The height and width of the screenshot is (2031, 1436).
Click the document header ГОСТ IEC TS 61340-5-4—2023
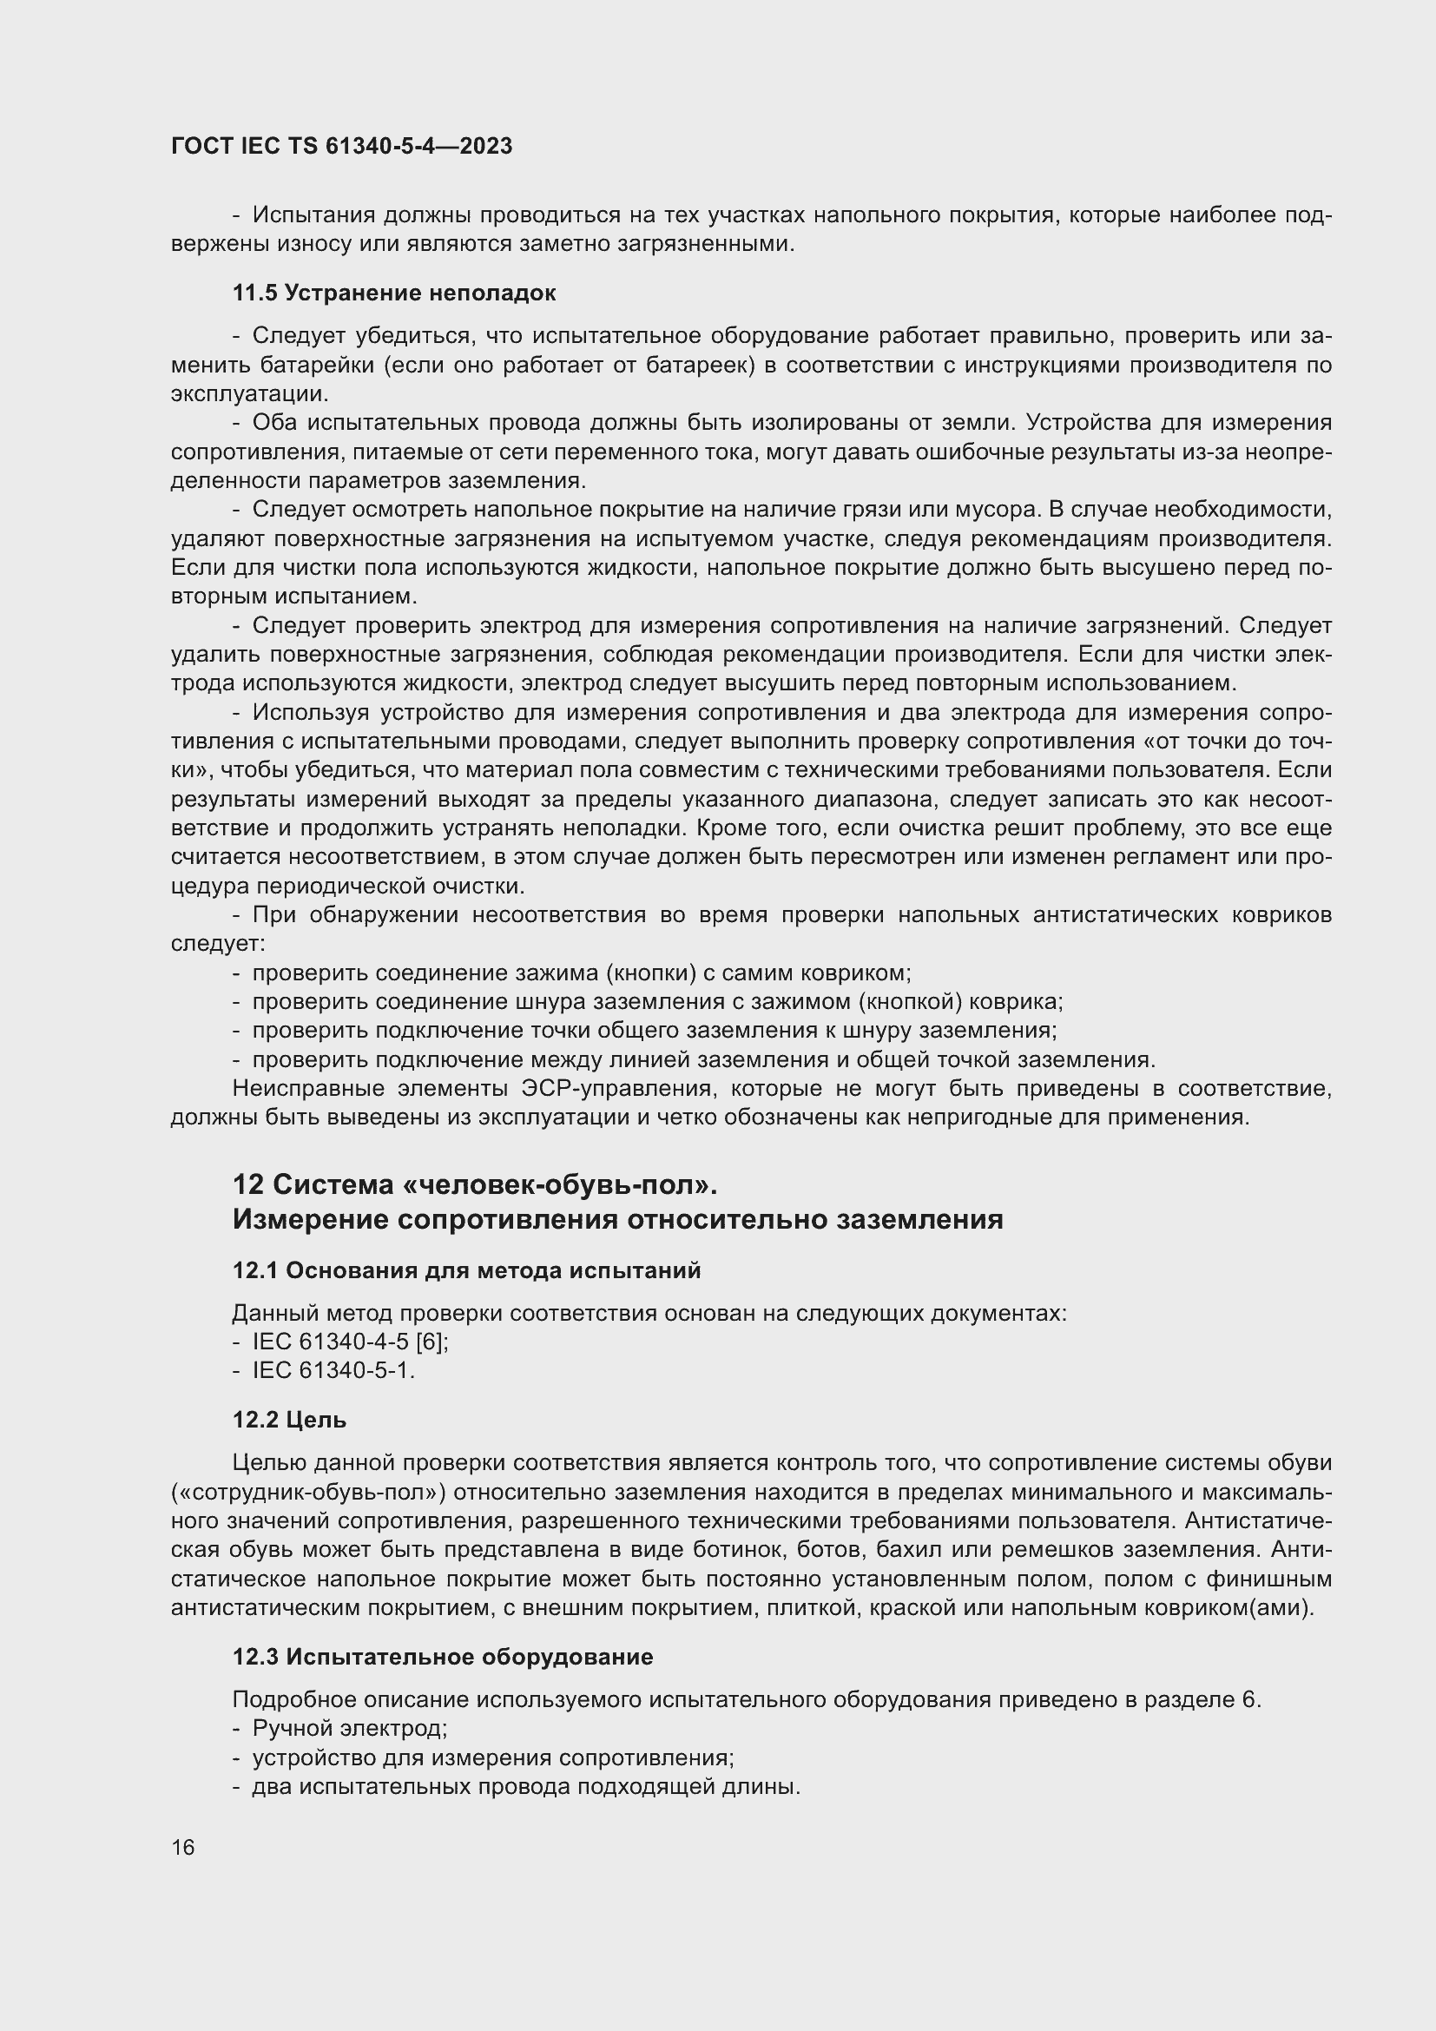(341, 147)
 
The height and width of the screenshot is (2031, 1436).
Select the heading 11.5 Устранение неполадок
(393, 293)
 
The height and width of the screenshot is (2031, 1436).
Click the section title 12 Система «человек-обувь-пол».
(474, 1184)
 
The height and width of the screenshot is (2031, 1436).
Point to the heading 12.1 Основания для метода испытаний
(466, 1270)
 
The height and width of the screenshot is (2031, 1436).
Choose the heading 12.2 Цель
(289, 1420)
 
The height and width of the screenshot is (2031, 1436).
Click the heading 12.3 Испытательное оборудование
(442, 1657)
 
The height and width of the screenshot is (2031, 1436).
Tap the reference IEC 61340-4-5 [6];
(350, 1342)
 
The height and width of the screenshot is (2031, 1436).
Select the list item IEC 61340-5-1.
(333, 1370)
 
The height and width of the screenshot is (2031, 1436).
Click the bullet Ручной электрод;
(349, 1729)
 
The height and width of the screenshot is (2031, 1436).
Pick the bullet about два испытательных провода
(526, 1786)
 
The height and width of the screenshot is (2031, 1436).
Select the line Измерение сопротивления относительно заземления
(617, 1219)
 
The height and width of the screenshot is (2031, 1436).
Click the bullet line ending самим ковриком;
(581, 973)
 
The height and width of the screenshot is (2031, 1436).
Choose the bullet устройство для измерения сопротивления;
(493, 1757)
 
